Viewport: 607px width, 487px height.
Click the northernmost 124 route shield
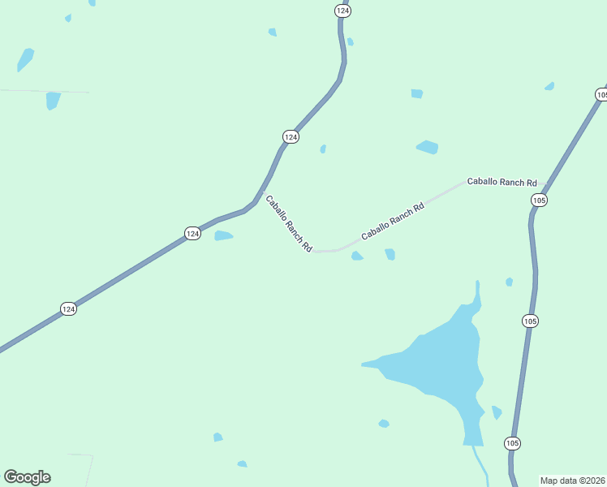click(x=342, y=11)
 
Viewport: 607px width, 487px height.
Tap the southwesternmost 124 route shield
click(x=69, y=309)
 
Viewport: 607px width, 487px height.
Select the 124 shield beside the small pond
click(x=192, y=233)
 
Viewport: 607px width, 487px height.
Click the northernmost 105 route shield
click(x=601, y=95)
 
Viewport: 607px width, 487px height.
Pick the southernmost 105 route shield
click(x=512, y=443)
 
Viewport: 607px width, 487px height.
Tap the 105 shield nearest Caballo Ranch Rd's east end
click(x=540, y=200)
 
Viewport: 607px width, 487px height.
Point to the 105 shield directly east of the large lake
click(x=530, y=321)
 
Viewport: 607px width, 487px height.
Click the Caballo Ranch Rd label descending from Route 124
click(x=289, y=224)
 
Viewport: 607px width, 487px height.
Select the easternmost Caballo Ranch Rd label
click(x=502, y=183)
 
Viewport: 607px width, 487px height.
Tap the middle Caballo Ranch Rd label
click(x=393, y=220)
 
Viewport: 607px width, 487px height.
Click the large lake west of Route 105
click(x=438, y=365)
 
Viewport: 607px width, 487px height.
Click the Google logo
click(x=27, y=477)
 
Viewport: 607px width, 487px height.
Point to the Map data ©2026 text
click(x=573, y=481)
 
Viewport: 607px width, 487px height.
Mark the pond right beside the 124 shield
click(x=223, y=236)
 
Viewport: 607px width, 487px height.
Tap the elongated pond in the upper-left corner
click(x=26, y=58)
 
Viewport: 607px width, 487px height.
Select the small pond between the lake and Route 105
click(x=496, y=412)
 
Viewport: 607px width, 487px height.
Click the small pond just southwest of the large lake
click(x=384, y=424)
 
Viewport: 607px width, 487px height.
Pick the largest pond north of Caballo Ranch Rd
click(x=427, y=147)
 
